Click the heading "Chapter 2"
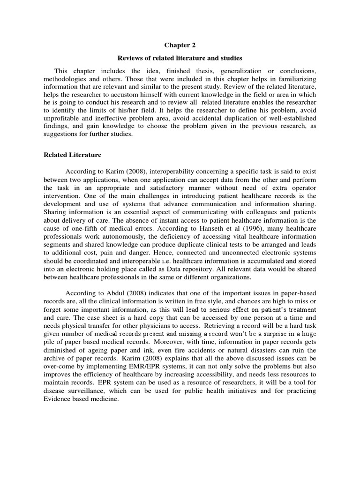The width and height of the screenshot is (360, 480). click(x=180, y=45)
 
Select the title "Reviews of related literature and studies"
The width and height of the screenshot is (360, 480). click(x=180, y=58)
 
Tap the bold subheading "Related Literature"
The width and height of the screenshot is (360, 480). click(x=72, y=154)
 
